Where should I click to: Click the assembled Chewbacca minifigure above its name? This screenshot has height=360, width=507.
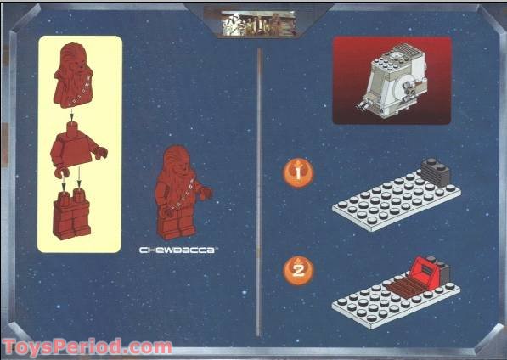tap(179, 194)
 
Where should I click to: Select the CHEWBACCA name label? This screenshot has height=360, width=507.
tap(179, 251)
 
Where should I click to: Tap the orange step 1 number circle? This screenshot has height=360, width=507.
tap(297, 172)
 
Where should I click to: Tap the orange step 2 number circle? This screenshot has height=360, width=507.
tap(297, 271)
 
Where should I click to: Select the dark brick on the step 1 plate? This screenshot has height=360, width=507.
tap(436, 174)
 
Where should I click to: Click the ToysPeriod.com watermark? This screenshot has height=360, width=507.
tap(87, 346)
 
